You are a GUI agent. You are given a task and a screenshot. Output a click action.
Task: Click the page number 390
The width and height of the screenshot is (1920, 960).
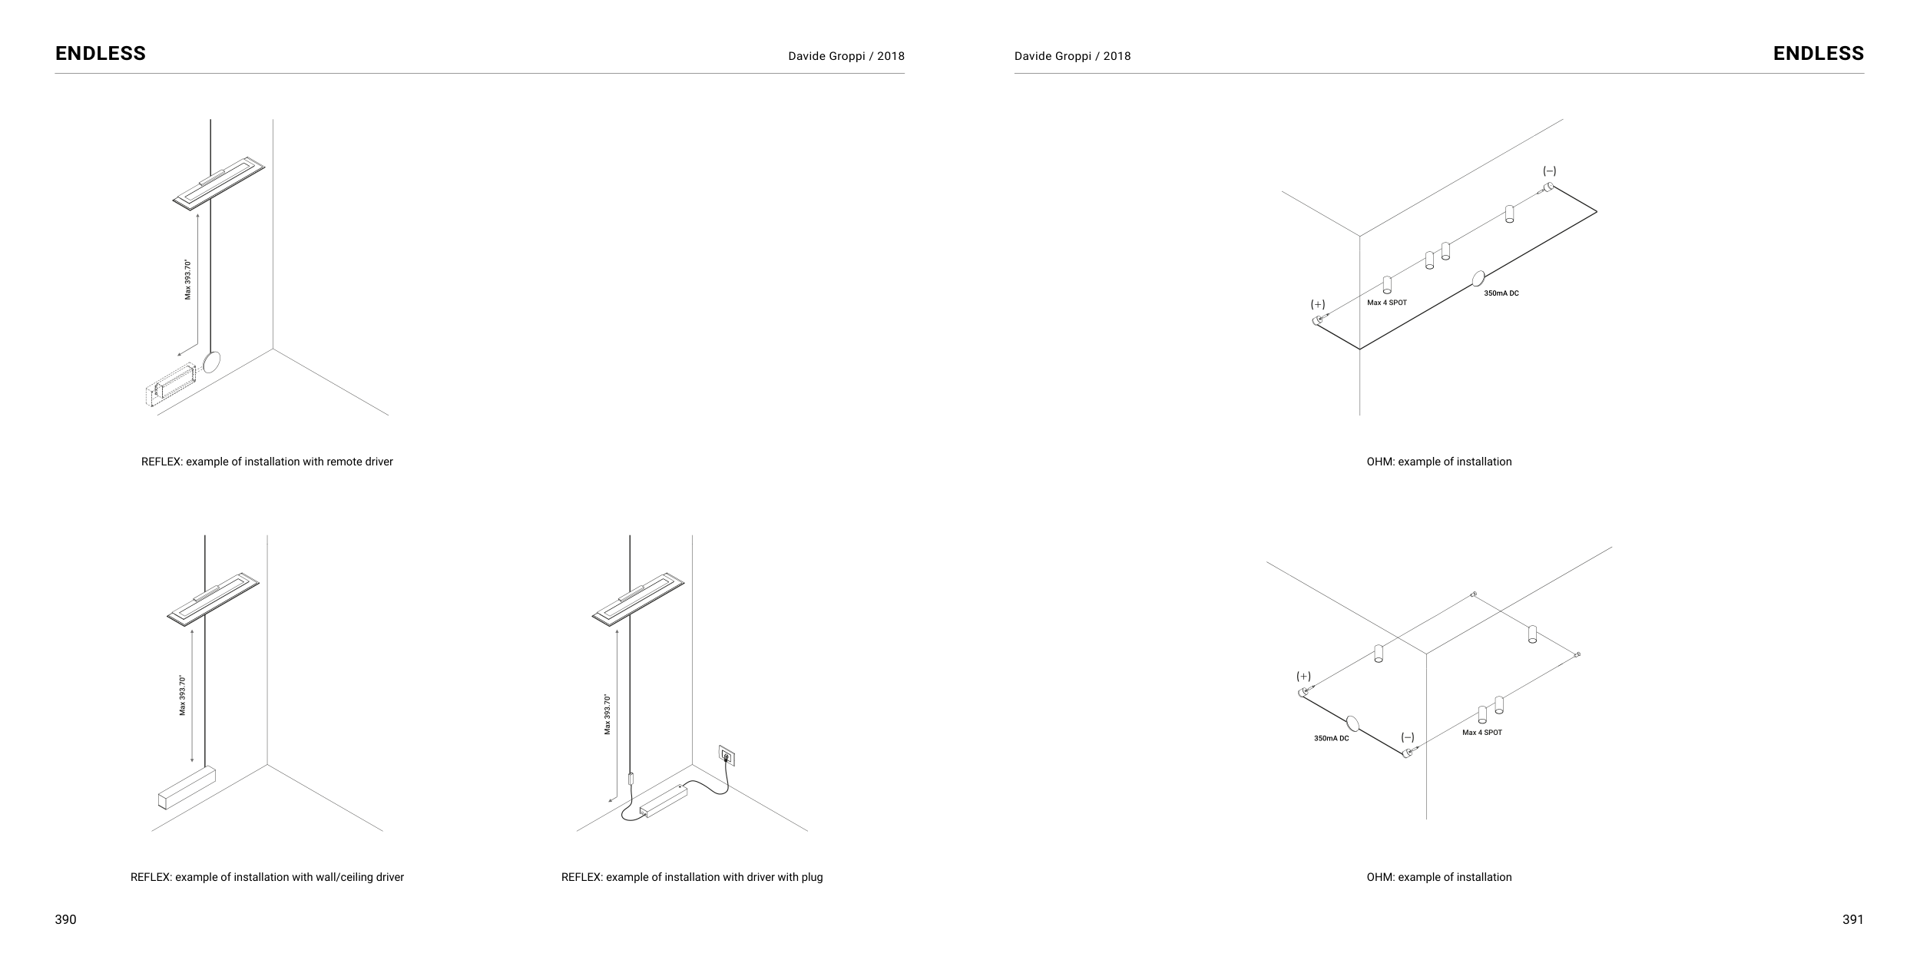pyautogui.click(x=65, y=919)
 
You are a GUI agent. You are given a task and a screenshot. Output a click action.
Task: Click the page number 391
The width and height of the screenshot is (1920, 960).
pyautogui.click(x=1852, y=919)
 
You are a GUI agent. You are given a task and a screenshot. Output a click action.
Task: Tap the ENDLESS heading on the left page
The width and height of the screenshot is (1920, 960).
pyautogui.click(x=101, y=53)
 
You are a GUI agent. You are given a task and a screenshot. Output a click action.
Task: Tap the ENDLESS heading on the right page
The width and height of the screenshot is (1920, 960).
pyautogui.click(x=1819, y=53)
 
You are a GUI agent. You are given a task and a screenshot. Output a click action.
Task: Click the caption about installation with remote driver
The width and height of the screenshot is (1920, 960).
pyautogui.click(x=267, y=462)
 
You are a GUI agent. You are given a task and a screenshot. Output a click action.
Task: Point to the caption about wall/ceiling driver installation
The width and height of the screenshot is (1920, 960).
pyautogui.click(x=267, y=877)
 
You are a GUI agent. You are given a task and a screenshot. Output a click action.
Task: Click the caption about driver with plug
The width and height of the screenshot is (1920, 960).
pyautogui.click(x=692, y=877)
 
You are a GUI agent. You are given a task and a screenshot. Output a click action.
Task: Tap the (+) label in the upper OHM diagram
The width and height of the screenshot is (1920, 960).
pyautogui.click(x=1318, y=305)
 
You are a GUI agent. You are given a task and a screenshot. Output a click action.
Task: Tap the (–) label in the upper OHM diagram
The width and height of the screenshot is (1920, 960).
pyautogui.click(x=1550, y=171)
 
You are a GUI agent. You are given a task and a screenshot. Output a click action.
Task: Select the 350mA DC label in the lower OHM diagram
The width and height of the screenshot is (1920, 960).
pyautogui.click(x=1331, y=739)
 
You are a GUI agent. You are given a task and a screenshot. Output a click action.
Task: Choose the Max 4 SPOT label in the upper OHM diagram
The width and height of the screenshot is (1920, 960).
pyautogui.click(x=1387, y=303)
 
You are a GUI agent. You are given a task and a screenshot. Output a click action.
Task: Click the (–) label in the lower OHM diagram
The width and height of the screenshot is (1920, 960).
pyautogui.click(x=1408, y=737)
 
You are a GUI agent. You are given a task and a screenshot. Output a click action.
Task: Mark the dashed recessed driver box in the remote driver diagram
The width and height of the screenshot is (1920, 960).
pyautogui.click(x=170, y=386)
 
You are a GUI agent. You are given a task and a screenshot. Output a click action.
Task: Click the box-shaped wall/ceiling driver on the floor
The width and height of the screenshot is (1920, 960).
pyautogui.click(x=187, y=788)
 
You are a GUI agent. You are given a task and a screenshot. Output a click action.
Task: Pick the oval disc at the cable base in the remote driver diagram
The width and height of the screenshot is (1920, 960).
pyautogui.click(x=211, y=362)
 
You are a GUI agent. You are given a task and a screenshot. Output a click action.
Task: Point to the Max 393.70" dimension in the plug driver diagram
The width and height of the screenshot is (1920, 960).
pyautogui.click(x=607, y=715)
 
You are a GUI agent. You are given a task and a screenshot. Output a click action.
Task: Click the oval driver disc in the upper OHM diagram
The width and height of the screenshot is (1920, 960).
pyautogui.click(x=1478, y=280)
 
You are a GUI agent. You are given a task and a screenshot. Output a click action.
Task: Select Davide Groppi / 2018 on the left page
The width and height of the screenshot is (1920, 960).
pyautogui.click(x=846, y=56)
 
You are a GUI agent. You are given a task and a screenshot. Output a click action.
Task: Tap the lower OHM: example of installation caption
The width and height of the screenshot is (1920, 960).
pyautogui.click(x=1439, y=877)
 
